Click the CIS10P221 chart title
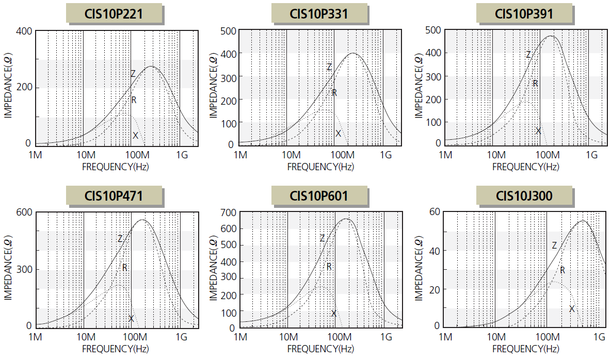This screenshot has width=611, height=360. pos(114,13)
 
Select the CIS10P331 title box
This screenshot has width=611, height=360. pos(319,13)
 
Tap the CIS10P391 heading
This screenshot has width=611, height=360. pos(524,13)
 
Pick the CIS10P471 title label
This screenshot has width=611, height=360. pos(114,195)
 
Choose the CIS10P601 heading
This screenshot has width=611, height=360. pos(319,195)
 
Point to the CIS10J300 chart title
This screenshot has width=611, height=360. pos(524,195)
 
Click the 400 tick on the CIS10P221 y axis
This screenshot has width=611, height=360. pos(25,31)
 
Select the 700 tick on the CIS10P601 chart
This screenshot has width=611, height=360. pos(229,212)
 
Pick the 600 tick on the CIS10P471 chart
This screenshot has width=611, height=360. pos(25,212)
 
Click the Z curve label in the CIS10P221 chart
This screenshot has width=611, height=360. pos(133,74)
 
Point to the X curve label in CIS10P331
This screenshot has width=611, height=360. pos(338,134)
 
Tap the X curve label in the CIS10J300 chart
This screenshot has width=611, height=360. pos(572,309)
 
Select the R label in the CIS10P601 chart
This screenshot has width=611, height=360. pos(329,267)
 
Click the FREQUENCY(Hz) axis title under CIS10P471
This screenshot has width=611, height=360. pos(115,349)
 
